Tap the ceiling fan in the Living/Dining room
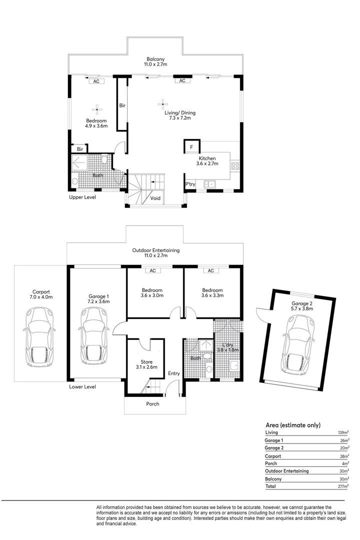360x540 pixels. (162, 104)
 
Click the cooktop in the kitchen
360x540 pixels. (235, 165)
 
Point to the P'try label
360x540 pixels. (190, 184)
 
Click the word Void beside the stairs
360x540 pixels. (155, 198)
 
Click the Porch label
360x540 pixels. (152, 403)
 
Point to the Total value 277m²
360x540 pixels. (342, 485)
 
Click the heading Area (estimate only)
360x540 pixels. (292, 425)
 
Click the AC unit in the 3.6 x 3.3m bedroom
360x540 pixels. (211, 271)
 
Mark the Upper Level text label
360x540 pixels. (82, 197)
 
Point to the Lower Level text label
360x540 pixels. (82, 386)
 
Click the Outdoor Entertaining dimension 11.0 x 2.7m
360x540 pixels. (155, 255)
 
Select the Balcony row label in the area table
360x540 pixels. (273, 478)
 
